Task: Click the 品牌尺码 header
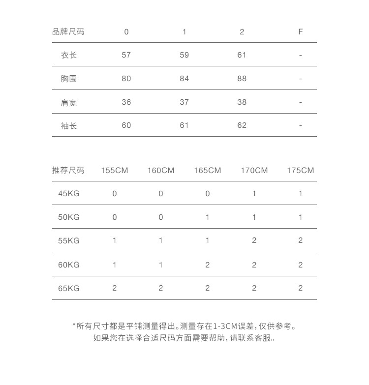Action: [68, 32]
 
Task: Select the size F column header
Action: [300, 32]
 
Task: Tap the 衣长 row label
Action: [69, 55]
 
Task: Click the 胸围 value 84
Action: [184, 79]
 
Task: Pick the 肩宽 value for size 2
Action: [242, 102]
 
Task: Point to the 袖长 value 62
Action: [242, 125]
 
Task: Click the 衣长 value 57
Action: [126, 55]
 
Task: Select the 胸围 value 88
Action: [242, 79]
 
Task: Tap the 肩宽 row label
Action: [69, 102]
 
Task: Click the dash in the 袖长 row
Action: [300, 126]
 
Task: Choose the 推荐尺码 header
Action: [68, 171]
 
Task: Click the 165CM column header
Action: [208, 171]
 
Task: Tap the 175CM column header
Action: [300, 171]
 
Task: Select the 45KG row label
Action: [69, 194]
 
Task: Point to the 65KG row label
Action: [69, 288]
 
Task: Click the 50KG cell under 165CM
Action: [208, 217]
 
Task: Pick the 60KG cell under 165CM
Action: [208, 265]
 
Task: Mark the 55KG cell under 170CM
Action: [254, 241]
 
